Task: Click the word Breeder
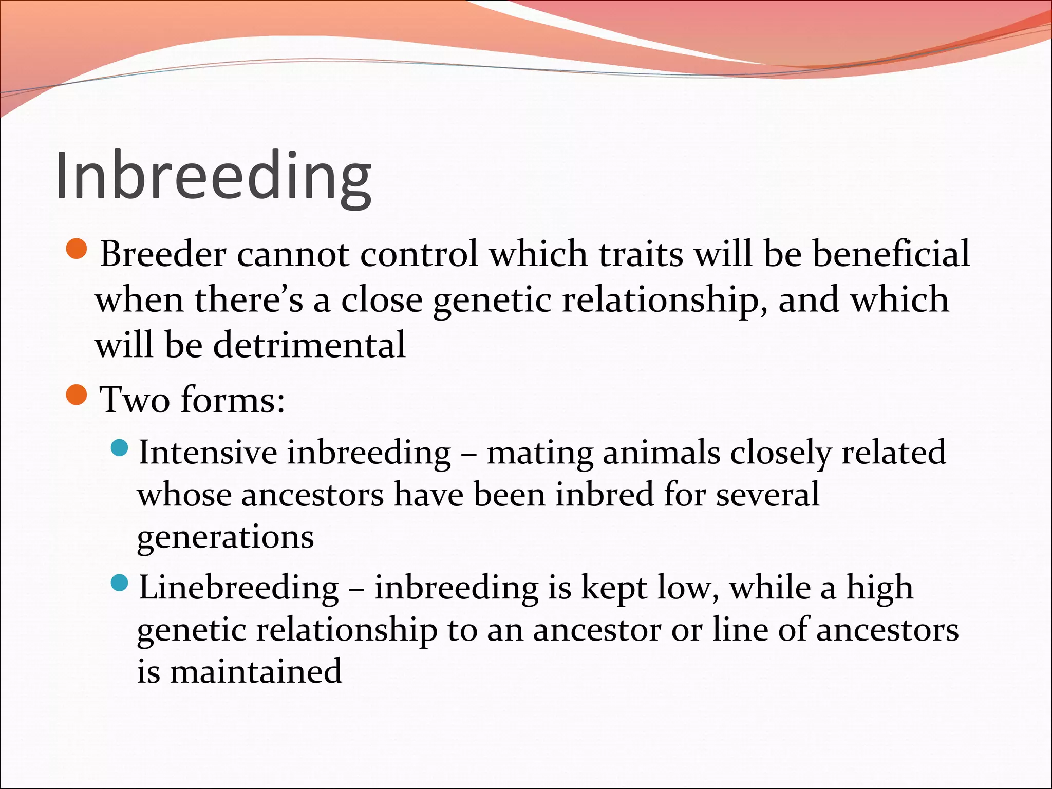pos(163,254)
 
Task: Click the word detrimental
pos(309,345)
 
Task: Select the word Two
pos(135,400)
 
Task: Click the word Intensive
pos(208,453)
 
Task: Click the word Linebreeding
pos(239,588)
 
